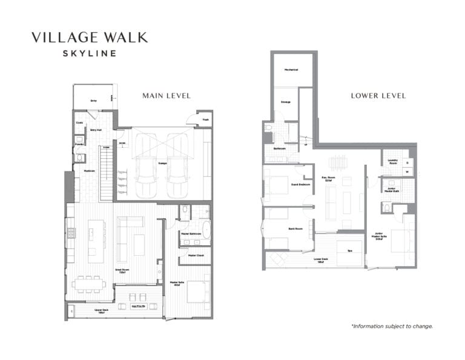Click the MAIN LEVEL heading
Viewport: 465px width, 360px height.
click(166, 95)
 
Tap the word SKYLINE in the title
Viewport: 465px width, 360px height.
click(90, 53)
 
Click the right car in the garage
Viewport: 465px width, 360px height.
click(177, 176)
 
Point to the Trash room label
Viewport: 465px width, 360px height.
click(205, 119)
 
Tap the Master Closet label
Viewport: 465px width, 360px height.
click(195, 255)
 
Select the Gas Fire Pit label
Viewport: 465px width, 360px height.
click(139, 306)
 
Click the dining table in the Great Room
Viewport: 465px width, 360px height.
click(88, 283)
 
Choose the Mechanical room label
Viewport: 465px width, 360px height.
click(291, 70)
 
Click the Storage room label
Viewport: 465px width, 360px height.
click(285, 102)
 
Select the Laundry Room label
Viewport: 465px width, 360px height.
click(392, 161)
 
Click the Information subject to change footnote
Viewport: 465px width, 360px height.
click(392, 326)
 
